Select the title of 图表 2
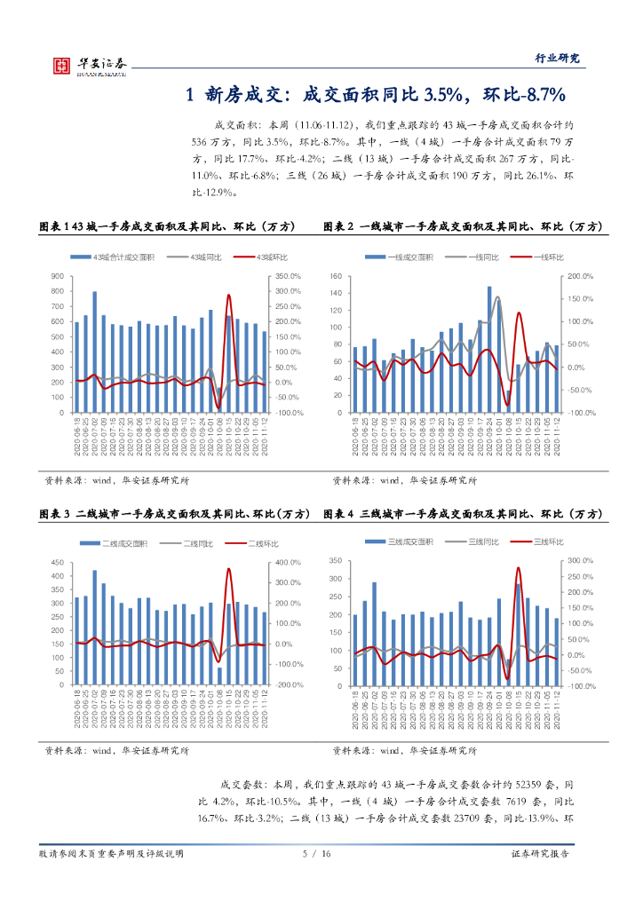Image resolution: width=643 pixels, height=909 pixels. pos(462,227)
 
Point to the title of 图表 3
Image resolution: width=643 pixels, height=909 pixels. pos(175,515)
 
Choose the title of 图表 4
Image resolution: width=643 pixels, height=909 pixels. pos(462,515)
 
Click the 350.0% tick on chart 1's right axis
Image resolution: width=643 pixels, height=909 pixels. pos(289,276)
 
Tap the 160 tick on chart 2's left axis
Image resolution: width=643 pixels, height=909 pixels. pos(336,276)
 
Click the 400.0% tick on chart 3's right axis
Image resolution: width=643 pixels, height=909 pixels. pos(289,563)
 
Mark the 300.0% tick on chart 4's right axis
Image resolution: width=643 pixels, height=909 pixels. pos(580,560)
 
